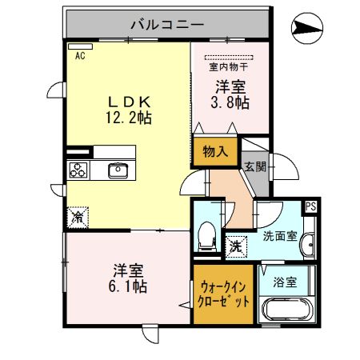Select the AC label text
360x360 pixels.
tap(80, 56)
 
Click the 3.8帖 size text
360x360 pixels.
tap(230, 102)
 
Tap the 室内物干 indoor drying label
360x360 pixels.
tap(229, 68)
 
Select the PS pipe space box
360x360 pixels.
tap(311, 206)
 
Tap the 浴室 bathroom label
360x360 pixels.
tap(285, 281)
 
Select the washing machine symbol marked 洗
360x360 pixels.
tap(236, 246)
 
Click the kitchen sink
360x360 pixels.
tap(117, 170)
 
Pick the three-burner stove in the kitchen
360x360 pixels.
tap(79, 170)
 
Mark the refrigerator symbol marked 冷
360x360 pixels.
tap(78, 216)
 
